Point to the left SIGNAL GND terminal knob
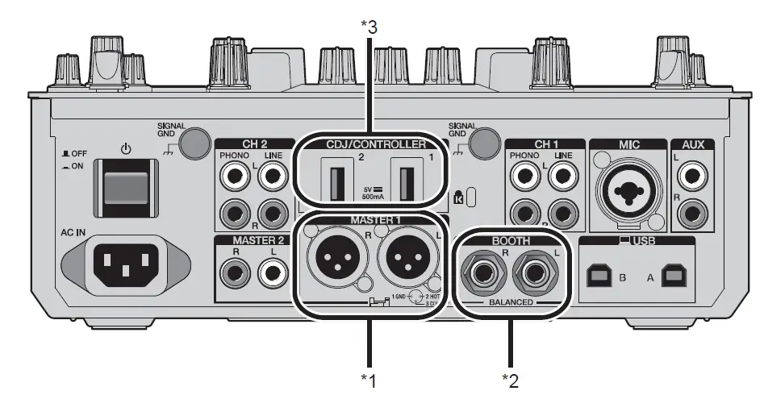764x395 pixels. (x=193, y=143)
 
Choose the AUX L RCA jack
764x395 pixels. (x=691, y=173)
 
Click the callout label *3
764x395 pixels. (x=369, y=26)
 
